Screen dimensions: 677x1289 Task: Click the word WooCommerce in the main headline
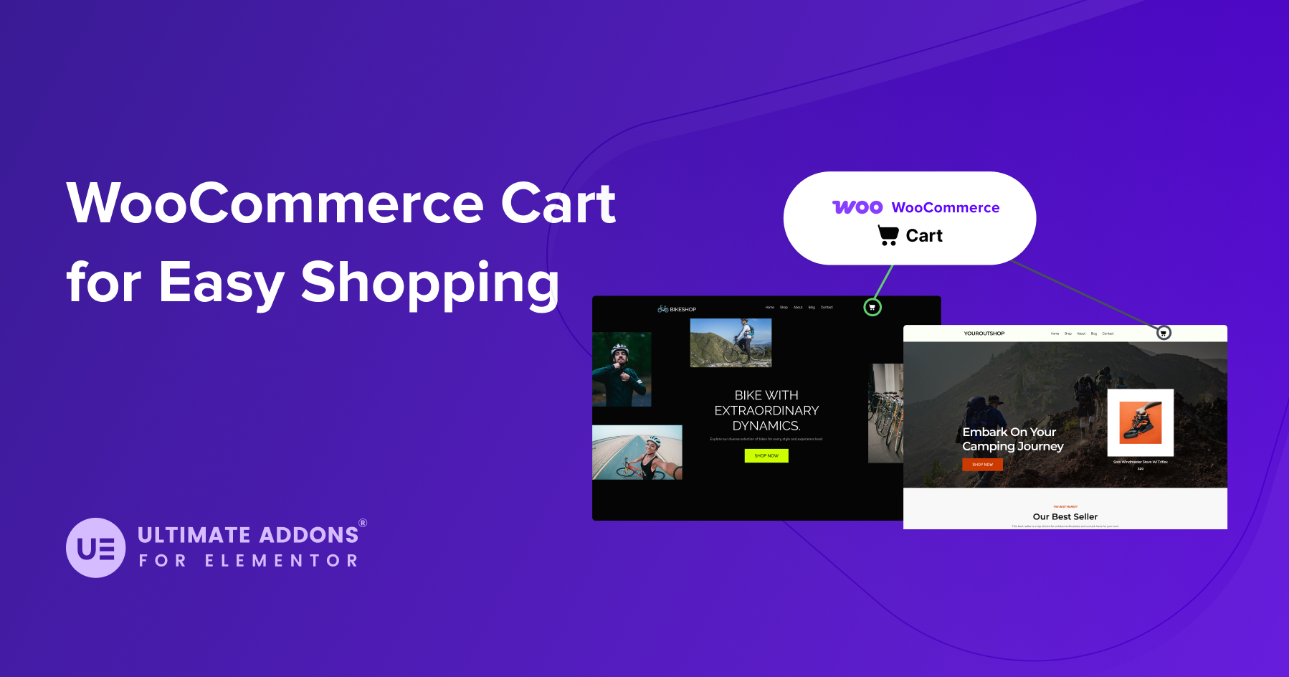coord(275,204)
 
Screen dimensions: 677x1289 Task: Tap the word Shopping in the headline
coord(429,283)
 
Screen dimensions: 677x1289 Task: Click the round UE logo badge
coord(96,548)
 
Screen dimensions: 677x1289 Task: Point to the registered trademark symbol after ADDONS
coord(363,524)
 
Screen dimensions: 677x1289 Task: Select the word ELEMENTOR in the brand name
coord(282,561)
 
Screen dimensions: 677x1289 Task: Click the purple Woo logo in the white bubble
coord(857,207)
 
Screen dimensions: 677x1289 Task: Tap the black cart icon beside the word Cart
coord(888,235)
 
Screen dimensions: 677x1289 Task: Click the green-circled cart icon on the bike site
coord(872,308)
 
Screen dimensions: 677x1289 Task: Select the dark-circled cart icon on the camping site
coord(1164,333)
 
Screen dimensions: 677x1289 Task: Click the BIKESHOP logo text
coord(682,310)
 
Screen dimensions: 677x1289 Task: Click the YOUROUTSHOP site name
coord(984,333)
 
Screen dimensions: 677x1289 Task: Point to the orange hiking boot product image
coord(1141,422)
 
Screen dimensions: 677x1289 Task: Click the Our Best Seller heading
coord(1065,516)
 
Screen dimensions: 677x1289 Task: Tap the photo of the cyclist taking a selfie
coord(637,453)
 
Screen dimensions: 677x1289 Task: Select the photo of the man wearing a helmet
coord(622,369)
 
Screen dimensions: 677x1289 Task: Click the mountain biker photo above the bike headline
coord(731,343)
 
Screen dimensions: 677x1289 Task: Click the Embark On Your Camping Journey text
coord(1012,439)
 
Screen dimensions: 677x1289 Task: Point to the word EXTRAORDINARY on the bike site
coord(766,410)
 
